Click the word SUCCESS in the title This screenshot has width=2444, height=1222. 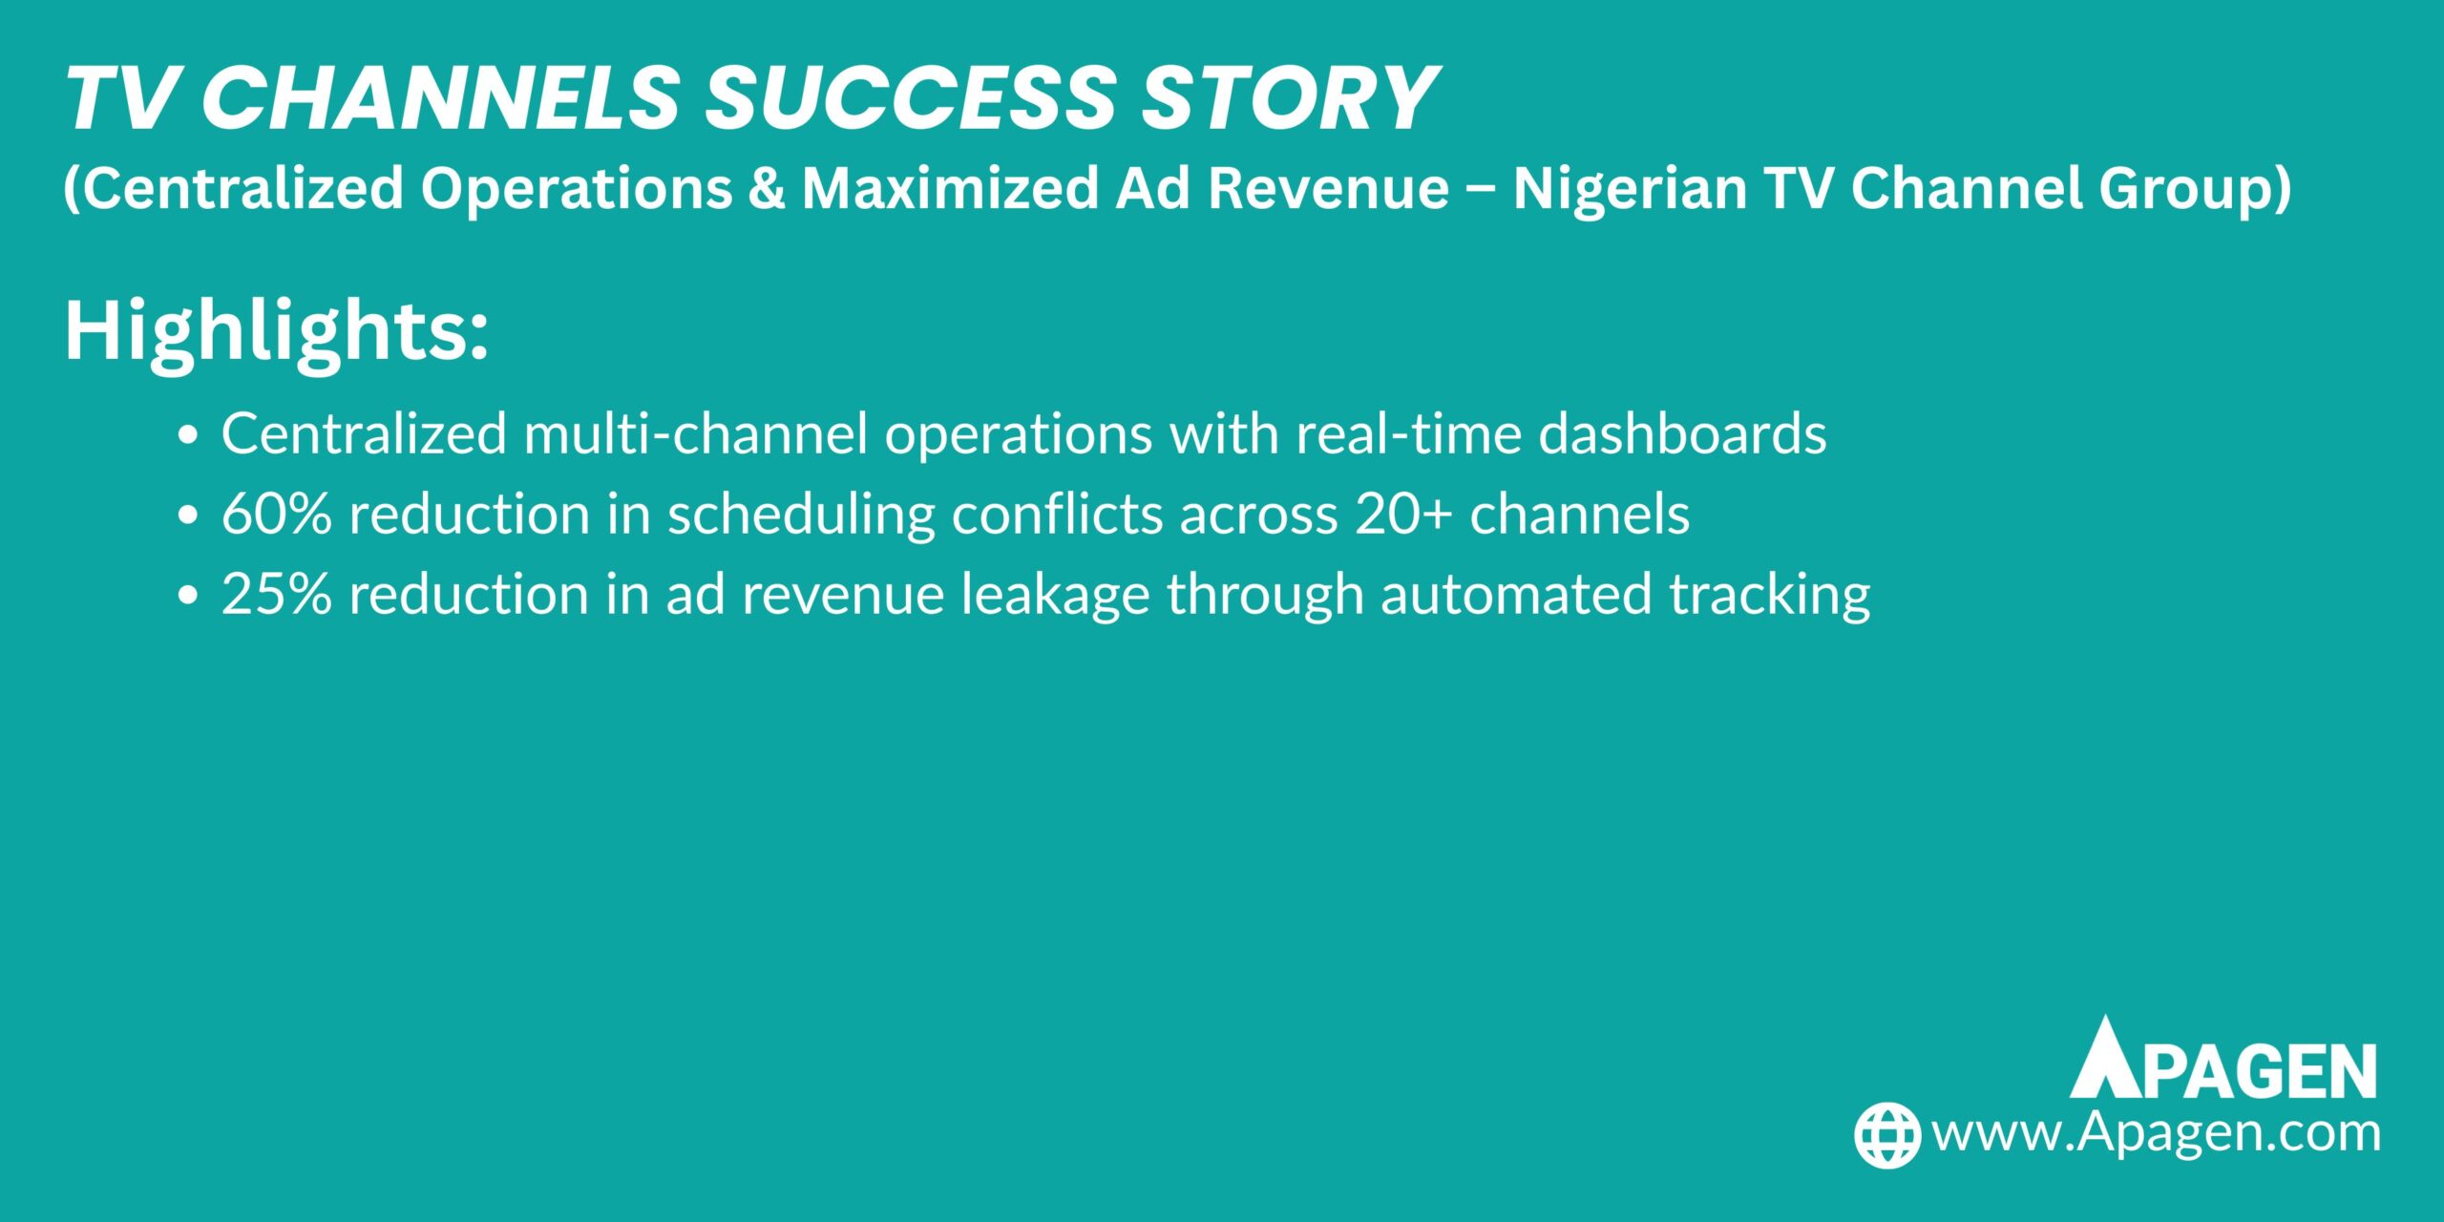click(x=910, y=98)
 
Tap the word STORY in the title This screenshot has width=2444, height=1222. click(x=1289, y=98)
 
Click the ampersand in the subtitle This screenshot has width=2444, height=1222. click(x=766, y=188)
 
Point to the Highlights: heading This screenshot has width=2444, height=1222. click(x=276, y=331)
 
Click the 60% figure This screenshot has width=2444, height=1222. click(x=277, y=515)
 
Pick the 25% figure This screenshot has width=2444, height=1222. click(x=277, y=595)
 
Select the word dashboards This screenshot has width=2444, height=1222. click(x=1682, y=434)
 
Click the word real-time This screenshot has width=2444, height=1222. click(x=1407, y=434)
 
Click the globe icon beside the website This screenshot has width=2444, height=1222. click(x=1886, y=1135)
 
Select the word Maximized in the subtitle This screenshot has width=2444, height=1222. click(x=949, y=188)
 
